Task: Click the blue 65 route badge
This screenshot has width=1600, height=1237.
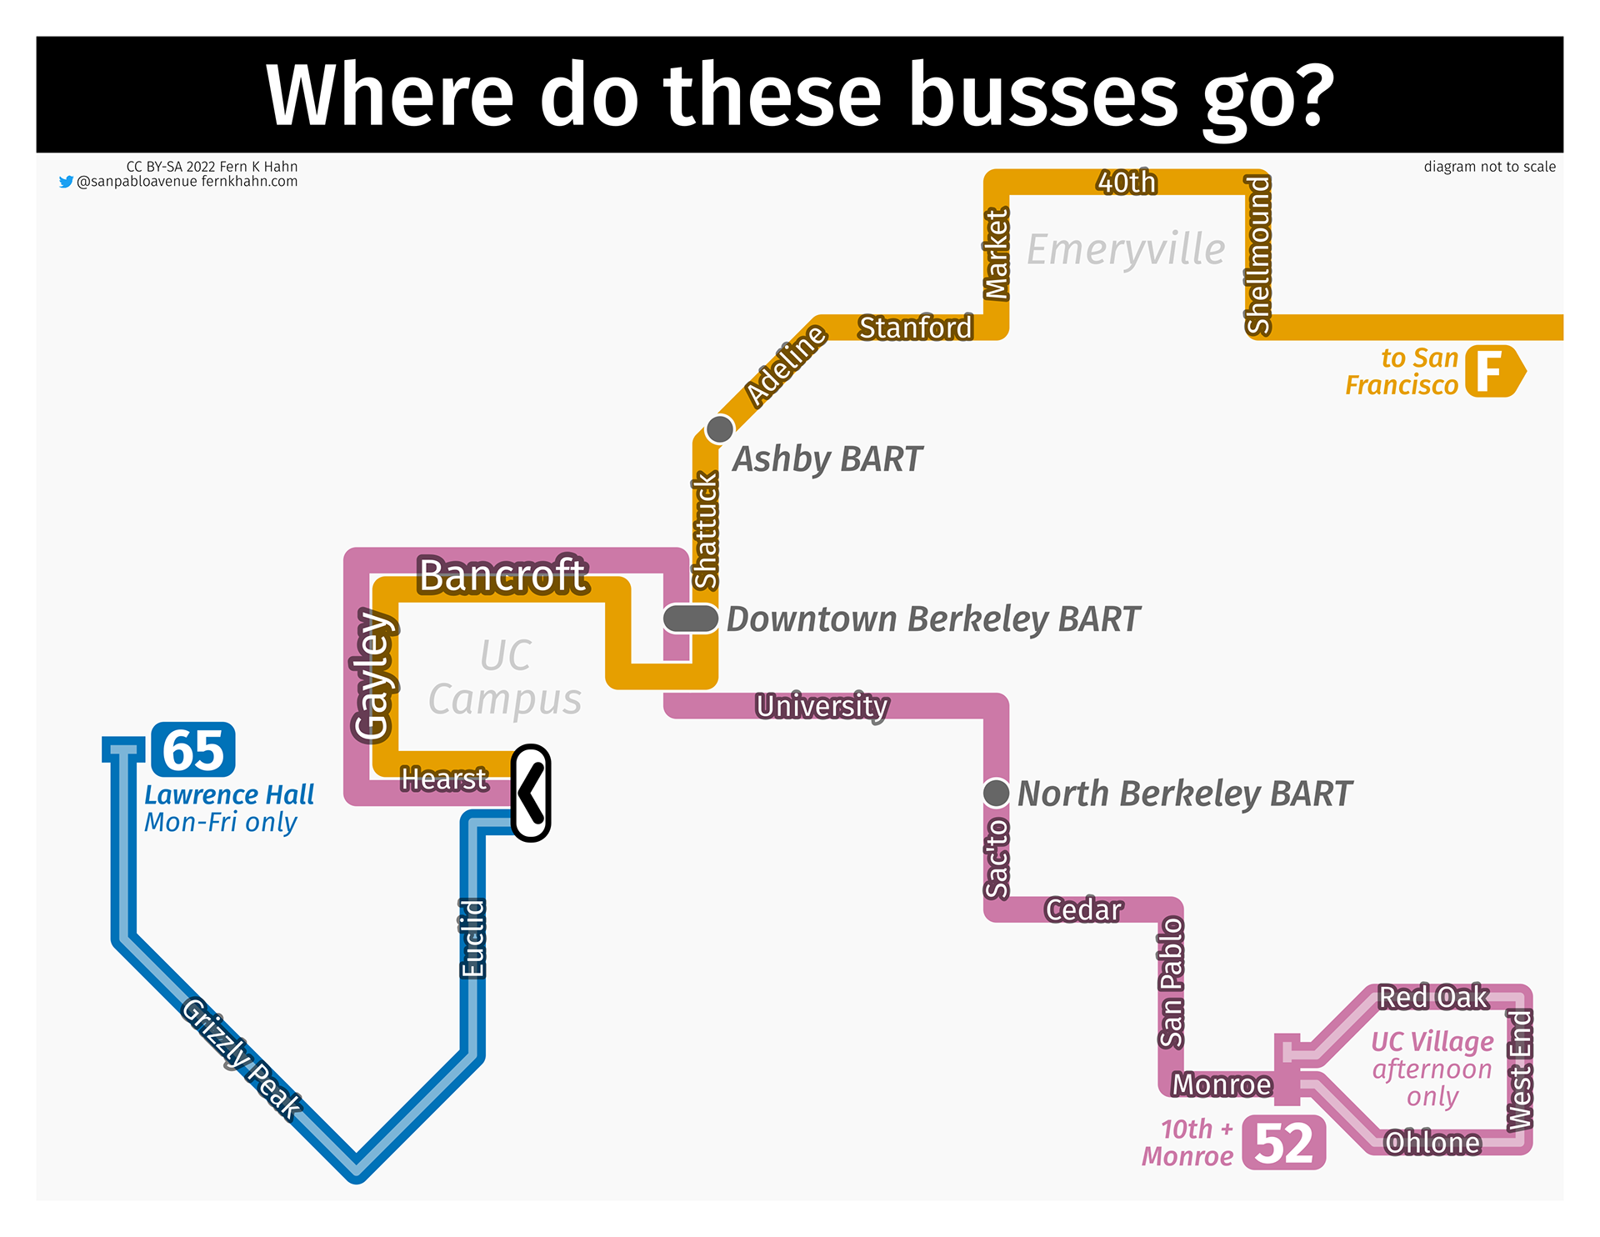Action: (193, 749)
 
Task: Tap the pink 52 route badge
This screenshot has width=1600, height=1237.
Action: (1283, 1142)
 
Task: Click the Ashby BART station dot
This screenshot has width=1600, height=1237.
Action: (719, 429)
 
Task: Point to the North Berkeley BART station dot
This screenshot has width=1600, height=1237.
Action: (996, 793)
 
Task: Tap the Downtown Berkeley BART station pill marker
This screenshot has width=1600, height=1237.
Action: (691, 618)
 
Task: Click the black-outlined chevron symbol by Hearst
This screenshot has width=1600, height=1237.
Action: (531, 793)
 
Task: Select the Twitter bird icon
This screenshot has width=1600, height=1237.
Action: (66, 182)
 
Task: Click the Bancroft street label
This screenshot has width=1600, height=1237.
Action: (502, 575)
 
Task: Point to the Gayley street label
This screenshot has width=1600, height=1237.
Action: (372, 675)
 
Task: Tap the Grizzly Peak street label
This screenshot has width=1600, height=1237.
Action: (242, 1059)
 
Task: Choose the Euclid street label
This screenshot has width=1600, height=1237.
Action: (472, 938)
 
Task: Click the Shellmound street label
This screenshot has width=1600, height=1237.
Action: (1257, 254)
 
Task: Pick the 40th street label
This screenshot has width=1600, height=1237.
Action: (1127, 182)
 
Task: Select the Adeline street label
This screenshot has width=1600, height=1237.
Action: (785, 365)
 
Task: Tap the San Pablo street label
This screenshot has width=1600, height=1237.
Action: (1171, 982)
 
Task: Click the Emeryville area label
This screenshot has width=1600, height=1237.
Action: (1126, 249)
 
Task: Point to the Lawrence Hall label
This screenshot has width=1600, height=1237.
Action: (229, 794)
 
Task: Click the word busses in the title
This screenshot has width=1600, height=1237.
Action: (1042, 95)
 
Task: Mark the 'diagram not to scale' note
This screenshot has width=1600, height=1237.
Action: (1489, 167)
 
